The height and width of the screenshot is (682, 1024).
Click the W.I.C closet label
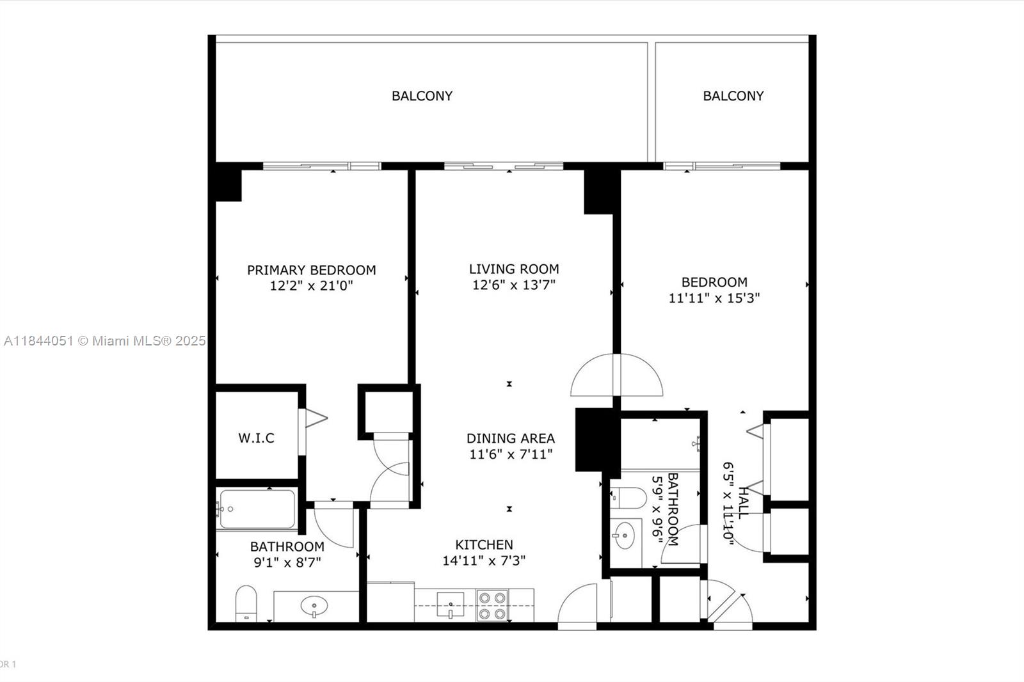(256, 438)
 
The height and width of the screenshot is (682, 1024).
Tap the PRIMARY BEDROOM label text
(312, 270)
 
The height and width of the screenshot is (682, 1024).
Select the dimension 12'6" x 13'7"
(513, 285)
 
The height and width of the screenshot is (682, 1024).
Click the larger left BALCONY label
(422, 96)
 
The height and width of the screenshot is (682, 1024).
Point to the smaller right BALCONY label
(733, 96)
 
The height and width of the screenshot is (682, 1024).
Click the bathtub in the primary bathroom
(257, 509)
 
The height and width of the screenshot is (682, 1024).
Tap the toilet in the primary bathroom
(246, 603)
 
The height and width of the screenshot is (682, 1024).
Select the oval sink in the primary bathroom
(314, 605)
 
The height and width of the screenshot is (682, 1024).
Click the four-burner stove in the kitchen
(492, 605)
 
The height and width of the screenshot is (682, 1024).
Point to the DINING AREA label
(510, 438)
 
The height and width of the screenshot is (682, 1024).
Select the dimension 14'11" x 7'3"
(484, 560)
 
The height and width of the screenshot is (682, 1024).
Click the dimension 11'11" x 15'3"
(714, 298)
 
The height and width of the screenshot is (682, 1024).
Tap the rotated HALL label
(743, 503)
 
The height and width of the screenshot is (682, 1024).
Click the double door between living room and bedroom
(616, 376)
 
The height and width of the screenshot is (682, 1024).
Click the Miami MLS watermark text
(104, 341)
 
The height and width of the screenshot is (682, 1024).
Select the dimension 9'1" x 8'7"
(287, 562)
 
